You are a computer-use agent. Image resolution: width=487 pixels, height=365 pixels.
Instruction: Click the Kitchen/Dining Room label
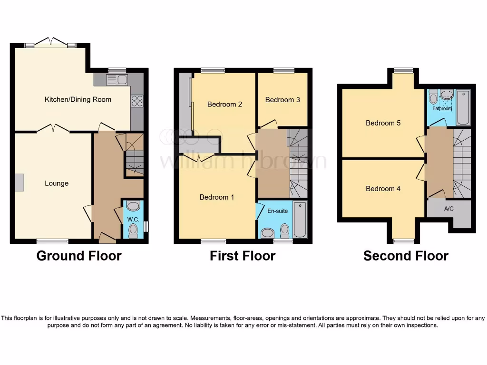pyautogui.click(x=78, y=99)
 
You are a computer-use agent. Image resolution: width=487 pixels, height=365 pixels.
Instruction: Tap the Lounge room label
pyautogui.click(x=57, y=183)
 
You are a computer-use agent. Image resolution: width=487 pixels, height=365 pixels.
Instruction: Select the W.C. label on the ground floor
pyautogui.click(x=132, y=219)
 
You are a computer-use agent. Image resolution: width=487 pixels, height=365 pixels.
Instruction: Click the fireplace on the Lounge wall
pyautogui.click(x=19, y=183)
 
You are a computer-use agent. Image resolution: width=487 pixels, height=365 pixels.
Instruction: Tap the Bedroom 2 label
pyautogui.click(x=225, y=104)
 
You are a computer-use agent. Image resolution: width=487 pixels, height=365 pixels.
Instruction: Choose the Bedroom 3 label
pyautogui.click(x=282, y=100)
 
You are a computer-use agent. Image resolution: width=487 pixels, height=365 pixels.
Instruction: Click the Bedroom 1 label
pyautogui.click(x=216, y=197)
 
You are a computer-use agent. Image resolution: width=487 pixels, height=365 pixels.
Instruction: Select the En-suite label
pyautogui.click(x=278, y=211)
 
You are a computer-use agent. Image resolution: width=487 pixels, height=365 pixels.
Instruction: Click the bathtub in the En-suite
pyautogui.click(x=300, y=220)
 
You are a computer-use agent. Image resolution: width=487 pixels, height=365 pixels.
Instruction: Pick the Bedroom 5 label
pyautogui.click(x=383, y=123)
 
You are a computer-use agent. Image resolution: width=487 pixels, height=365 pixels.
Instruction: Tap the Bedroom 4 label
pyautogui.click(x=383, y=189)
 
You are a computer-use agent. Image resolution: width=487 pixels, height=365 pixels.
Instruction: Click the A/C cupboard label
pyautogui.click(x=449, y=209)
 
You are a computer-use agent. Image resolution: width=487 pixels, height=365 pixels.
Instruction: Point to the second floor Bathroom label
pyautogui.click(x=442, y=108)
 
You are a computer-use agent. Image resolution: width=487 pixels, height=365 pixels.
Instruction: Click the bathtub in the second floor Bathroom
pyautogui.click(x=463, y=107)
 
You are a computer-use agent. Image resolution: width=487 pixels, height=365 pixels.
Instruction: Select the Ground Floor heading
pyautogui.click(x=79, y=256)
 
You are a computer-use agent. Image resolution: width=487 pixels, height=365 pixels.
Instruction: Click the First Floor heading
pyautogui.click(x=243, y=256)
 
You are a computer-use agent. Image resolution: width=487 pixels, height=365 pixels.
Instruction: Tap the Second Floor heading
pyautogui.click(x=406, y=256)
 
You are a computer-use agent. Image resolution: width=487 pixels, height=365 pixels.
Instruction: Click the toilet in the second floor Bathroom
pyautogui.click(x=433, y=97)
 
